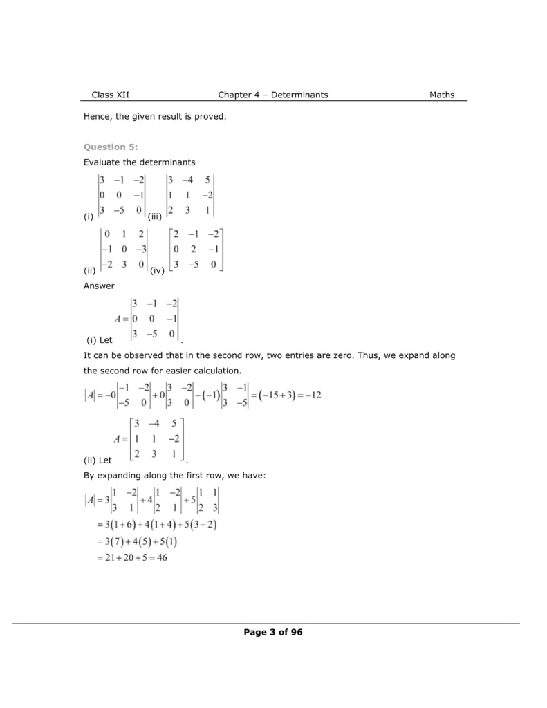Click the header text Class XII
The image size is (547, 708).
110,95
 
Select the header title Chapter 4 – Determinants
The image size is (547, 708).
272,95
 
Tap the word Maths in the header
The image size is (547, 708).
442,95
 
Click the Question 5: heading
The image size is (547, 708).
111,147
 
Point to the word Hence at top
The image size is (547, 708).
98,117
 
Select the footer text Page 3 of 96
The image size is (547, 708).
273,632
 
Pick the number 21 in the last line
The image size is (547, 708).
104,558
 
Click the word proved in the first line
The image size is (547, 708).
211,117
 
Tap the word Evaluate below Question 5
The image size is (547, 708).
102,162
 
